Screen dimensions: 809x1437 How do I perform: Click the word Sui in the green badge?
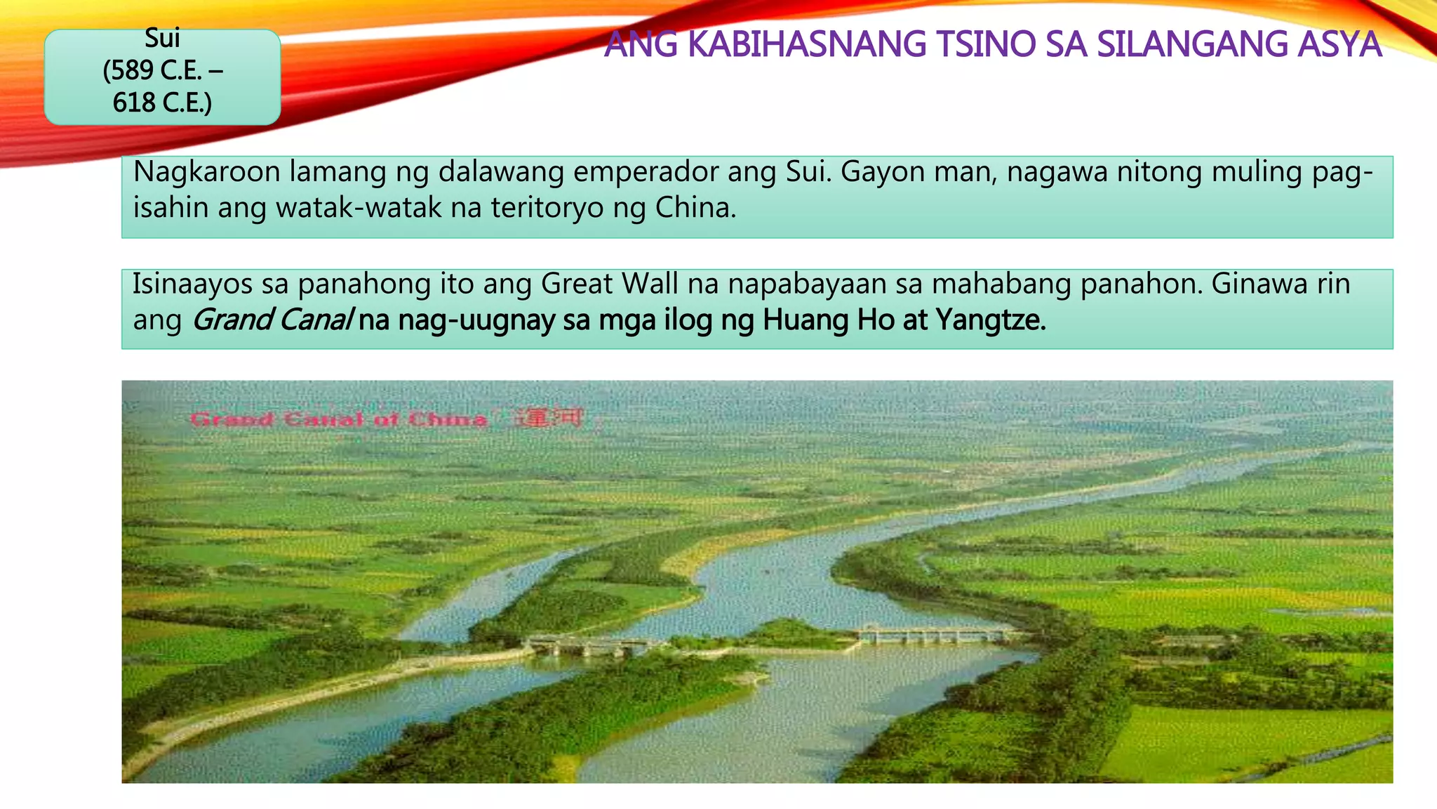(162, 38)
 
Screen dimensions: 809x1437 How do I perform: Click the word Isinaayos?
(193, 284)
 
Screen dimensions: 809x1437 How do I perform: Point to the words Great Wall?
(610, 284)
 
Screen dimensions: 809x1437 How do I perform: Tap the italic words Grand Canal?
(272, 320)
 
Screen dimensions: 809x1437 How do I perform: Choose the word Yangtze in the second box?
(990, 320)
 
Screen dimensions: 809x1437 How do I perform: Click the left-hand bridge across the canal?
(589, 645)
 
